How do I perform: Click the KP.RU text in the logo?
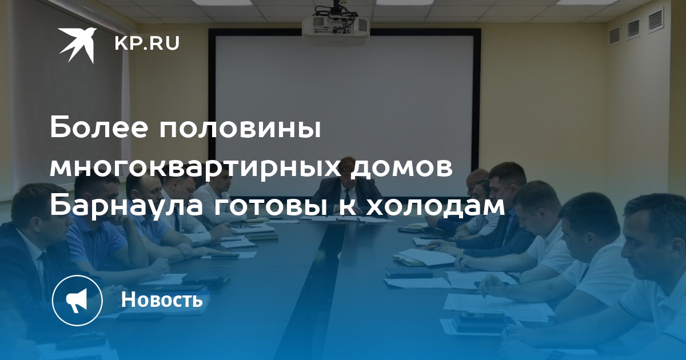click(147, 43)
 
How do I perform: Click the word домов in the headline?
click(401, 169)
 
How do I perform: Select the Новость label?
click(162, 299)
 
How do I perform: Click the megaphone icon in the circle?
click(77, 301)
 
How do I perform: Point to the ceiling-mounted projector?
click(336, 27)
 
